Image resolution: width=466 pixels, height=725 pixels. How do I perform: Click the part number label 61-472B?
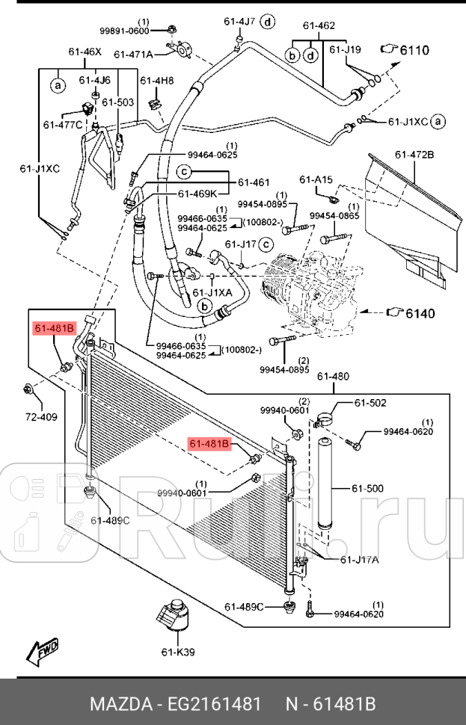[x=415, y=155]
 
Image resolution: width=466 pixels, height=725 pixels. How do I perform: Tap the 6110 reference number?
[x=414, y=51]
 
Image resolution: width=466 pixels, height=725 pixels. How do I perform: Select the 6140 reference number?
[x=420, y=313]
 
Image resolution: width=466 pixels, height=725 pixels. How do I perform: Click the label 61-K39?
[x=178, y=652]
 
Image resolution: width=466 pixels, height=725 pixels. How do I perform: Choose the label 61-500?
[x=368, y=489]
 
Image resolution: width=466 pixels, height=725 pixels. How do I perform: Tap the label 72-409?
[x=41, y=416]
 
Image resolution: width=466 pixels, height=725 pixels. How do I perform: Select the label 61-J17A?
[x=359, y=559]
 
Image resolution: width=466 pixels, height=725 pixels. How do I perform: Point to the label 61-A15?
[x=316, y=179]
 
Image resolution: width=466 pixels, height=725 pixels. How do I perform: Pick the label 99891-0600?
[x=125, y=30]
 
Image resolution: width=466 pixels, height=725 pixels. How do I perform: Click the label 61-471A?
[x=133, y=54]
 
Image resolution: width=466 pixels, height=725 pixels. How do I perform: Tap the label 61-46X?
[x=84, y=52]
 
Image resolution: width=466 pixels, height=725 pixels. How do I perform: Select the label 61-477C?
[x=63, y=125]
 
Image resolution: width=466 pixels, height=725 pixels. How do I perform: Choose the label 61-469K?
[x=198, y=194]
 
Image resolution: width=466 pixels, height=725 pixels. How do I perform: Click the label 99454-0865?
[x=334, y=215]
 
